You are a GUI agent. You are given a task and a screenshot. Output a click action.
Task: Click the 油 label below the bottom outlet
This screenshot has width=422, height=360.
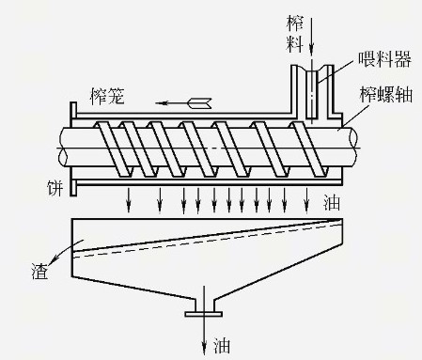pos(223,345)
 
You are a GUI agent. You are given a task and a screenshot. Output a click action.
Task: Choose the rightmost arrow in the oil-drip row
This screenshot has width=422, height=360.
pos(306,198)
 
